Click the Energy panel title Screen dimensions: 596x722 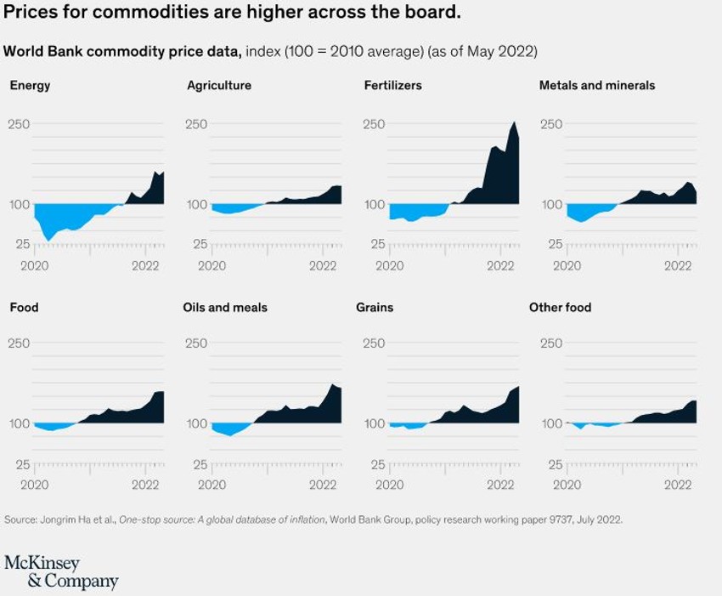[30, 85]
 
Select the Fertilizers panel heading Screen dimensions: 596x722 [392, 85]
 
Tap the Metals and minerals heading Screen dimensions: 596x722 [597, 85]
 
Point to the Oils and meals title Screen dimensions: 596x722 [225, 307]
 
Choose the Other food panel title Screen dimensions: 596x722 [560, 307]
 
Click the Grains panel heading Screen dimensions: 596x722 [375, 307]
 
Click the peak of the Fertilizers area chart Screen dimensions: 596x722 [513, 122]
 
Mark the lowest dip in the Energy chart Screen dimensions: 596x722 [48, 241]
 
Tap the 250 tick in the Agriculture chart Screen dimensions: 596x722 [196, 124]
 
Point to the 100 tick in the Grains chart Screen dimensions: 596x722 [374, 423]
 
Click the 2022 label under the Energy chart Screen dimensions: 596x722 [146, 264]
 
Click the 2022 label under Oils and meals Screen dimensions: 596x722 [324, 484]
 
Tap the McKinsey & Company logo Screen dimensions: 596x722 [61, 572]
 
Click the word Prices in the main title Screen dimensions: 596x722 [26, 14]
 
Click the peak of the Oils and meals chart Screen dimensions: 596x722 [333, 385]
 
